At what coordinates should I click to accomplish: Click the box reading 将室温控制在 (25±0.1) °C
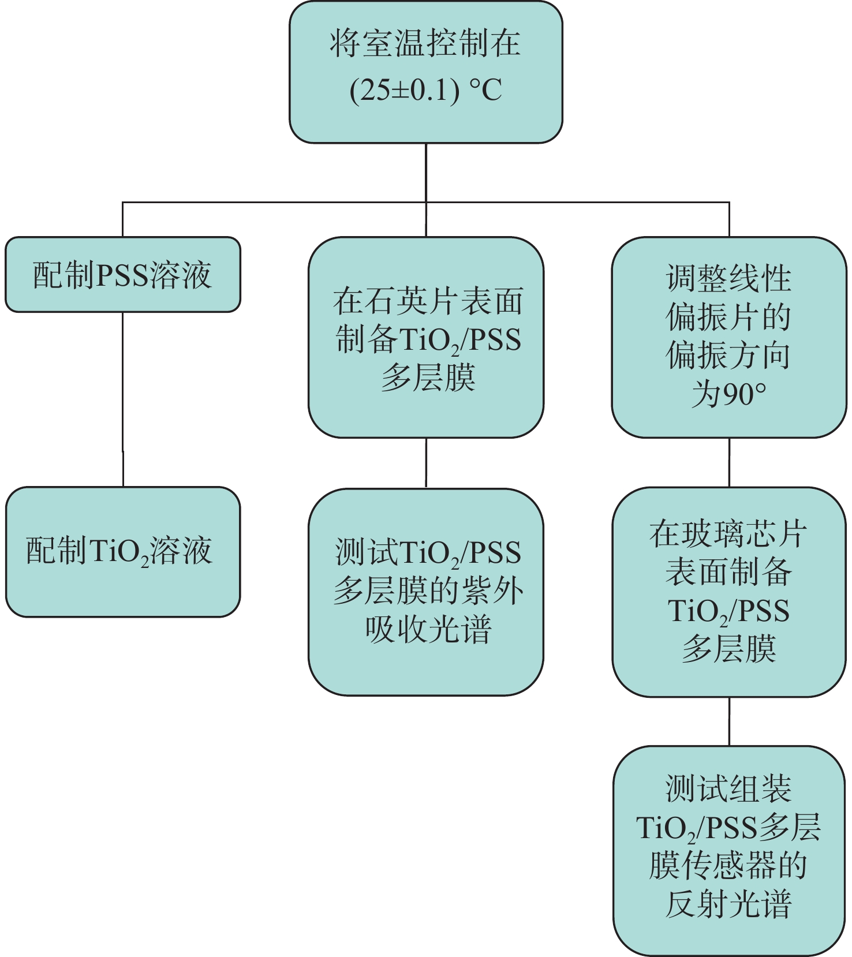[425, 72]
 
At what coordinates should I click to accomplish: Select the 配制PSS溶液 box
[122, 275]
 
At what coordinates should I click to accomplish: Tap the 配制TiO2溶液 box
[122, 552]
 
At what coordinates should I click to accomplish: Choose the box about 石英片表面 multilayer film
[426, 338]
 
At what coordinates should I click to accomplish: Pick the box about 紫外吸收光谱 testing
[426, 592]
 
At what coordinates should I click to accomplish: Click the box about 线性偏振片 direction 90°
[729, 338]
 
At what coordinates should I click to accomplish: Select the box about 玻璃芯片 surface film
[729, 592]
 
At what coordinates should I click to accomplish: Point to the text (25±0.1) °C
[425, 91]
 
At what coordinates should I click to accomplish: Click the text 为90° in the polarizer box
[729, 395]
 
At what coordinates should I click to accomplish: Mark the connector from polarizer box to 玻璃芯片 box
[729, 462]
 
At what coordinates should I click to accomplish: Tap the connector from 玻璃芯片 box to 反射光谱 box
[729, 722]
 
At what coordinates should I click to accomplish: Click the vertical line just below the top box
[426, 172]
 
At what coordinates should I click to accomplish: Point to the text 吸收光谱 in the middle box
[428, 629]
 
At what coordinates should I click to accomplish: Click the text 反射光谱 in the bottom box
[728, 904]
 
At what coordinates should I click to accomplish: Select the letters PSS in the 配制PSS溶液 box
[122, 275]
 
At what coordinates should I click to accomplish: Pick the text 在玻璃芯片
[728, 534]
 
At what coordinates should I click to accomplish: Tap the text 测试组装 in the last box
[728, 788]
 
